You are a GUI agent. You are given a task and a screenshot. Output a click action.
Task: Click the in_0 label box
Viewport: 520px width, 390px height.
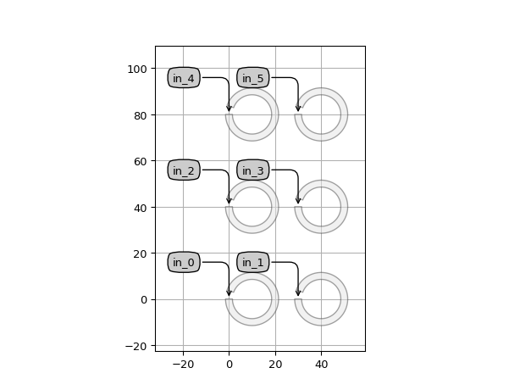(184, 263)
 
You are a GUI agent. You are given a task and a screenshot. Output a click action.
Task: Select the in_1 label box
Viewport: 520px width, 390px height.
(253, 263)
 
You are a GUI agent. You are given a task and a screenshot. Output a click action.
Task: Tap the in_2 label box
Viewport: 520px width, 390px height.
(184, 170)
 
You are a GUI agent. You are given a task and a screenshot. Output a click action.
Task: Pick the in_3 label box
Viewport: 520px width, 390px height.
(253, 170)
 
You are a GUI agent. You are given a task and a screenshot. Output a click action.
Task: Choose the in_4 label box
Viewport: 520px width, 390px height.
(184, 78)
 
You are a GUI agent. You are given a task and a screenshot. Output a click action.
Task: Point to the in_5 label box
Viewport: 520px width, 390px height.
(253, 78)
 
